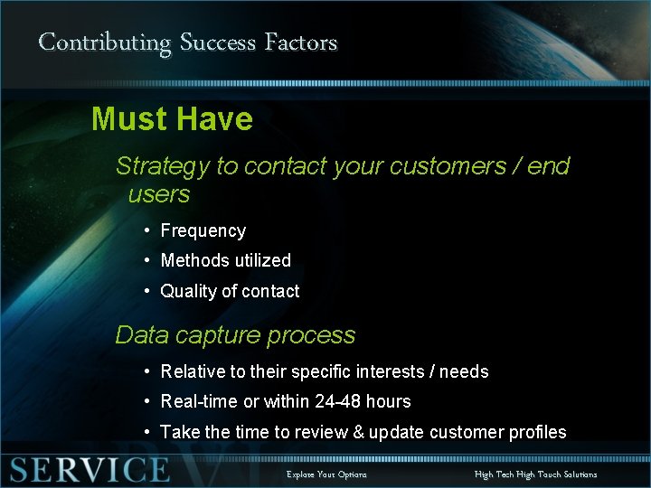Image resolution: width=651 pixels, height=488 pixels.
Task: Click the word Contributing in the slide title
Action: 105,42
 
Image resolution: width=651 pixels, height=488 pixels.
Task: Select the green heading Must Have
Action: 172,119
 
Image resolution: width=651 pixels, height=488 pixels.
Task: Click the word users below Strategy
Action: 159,194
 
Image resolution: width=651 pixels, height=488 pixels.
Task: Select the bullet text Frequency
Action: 203,231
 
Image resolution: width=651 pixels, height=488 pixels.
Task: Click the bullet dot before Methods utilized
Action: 146,260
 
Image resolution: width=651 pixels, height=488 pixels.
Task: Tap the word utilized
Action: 262,260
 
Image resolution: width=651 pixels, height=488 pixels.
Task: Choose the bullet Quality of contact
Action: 230,291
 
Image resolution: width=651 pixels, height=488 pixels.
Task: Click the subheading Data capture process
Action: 235,335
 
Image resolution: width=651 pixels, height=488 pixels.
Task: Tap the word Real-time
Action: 199,401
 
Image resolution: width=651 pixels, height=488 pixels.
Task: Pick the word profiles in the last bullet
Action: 536,432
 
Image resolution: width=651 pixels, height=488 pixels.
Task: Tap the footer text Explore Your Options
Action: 326,474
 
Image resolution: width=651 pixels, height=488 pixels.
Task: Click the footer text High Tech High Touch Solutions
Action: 535,474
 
